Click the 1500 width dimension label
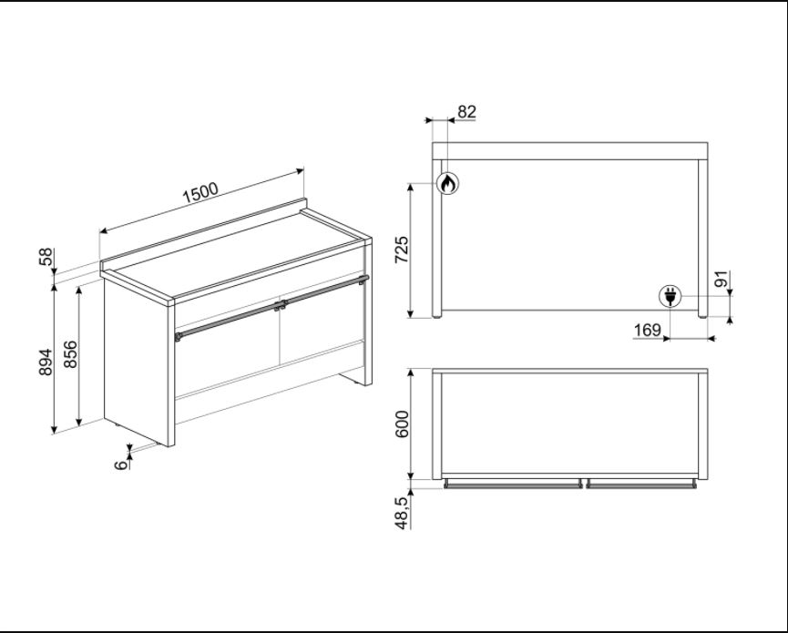(200, 192)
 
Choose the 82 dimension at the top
(466, 112)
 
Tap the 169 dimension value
(647, 330)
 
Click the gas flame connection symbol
(446, 182)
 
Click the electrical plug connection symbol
(670, 296)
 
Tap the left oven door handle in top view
(513, 485)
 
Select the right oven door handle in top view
(641, 485)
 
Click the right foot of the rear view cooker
(702, 314)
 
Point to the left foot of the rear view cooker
(438, 314)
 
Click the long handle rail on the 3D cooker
(273, 307)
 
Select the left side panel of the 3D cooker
(137, 360)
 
